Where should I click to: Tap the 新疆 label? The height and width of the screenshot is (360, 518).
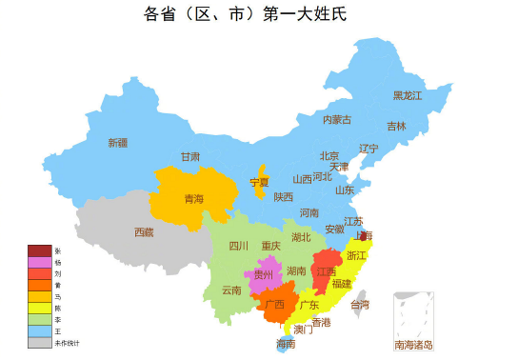coord(117,143)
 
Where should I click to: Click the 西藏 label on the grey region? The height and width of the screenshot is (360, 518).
coord(143,231)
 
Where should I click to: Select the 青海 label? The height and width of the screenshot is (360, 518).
coord(193,199)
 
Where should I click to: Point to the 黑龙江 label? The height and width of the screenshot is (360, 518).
coord(408,95)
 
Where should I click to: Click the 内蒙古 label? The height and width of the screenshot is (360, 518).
coord(336,119)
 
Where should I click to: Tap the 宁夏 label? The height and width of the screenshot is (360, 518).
coord(259,181)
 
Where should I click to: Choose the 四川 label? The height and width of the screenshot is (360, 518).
coord(238,246)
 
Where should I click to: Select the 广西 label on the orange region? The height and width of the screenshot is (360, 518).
coord(274,305)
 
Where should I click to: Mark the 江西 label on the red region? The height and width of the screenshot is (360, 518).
coord(326,272)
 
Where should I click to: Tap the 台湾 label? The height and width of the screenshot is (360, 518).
coord(360,305)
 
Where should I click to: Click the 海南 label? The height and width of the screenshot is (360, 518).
coord(286,344)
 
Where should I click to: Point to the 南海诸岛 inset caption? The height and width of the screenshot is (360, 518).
coord(413,345)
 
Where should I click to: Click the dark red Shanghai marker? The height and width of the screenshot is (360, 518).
coord(364,235)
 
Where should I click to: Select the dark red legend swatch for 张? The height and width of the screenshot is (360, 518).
coord(39,250)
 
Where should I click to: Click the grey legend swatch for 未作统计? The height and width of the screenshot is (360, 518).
coord(39,342)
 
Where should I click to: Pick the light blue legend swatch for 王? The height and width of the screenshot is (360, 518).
coord(39,330)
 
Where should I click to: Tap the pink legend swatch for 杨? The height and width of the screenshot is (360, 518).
coord(39,262)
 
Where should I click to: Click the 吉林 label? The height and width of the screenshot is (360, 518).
coord(396,126)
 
